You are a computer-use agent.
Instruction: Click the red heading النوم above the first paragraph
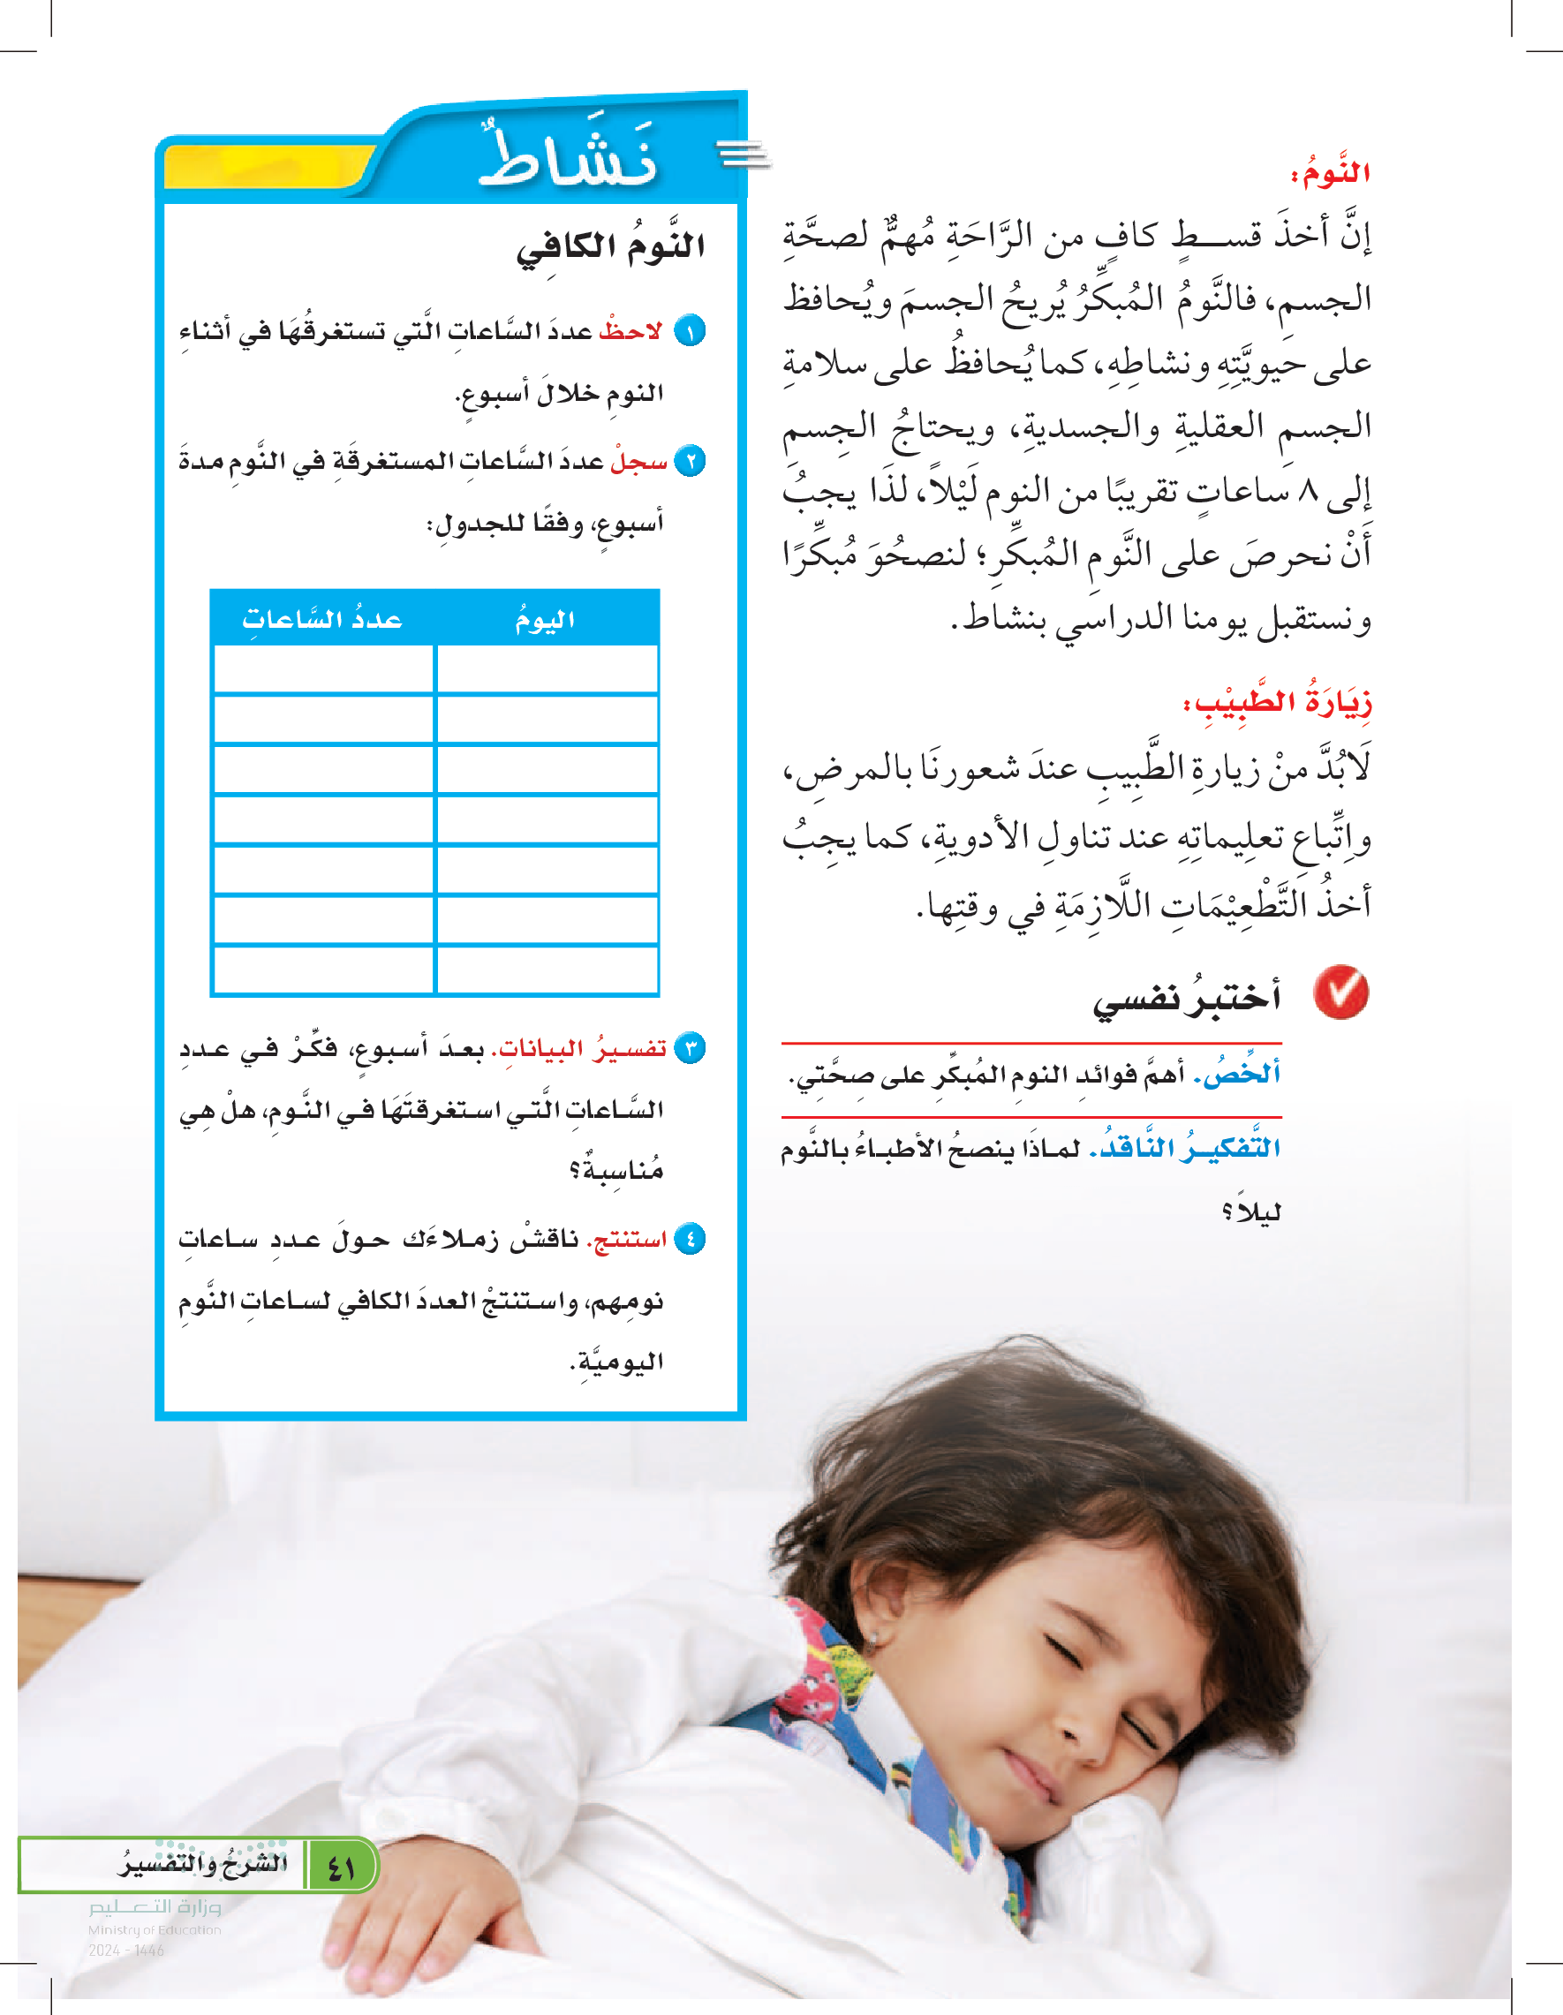click(1330, 172)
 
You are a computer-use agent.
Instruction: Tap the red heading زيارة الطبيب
click(1277, 702)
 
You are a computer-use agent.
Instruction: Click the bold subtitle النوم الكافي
click(611, 246)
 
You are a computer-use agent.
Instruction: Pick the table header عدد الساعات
click(322, 619)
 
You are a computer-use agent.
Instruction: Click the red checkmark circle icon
click(1340, 992)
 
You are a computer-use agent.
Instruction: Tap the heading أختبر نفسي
click(1187, 1000)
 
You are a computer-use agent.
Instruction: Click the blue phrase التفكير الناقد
click(1185, 1147)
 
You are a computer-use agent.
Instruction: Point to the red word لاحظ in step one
click(630, 330)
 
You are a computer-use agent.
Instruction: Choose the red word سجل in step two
click(638, 460)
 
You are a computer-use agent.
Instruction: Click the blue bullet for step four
click(691, 1239)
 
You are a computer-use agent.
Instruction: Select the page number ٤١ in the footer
click(341, 1864)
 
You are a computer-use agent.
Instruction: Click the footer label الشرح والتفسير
click(203, 1862)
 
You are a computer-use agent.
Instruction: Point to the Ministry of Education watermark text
click(155, 1928)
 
